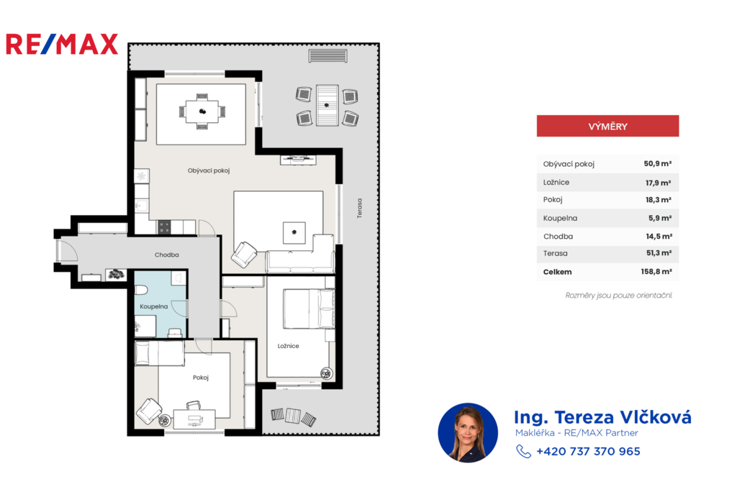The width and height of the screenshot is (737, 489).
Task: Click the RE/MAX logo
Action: click(x=62, y=44)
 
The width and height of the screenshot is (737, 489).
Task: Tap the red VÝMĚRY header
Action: click(x=607, y=126)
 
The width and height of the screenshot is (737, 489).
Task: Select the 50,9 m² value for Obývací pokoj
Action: click(x=657, y=163)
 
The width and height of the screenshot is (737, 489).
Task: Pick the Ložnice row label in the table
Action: click(x=556, y=182)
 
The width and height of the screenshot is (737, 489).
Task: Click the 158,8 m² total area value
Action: click(x=656, y=272)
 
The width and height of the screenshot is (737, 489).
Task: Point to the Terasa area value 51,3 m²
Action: click(x=659, y=252)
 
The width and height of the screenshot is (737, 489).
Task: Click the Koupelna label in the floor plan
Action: click(x=154, y=306)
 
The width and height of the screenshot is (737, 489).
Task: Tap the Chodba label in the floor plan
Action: click(x=167, y=255)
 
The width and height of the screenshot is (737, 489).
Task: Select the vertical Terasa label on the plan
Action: click(x=360, y=208)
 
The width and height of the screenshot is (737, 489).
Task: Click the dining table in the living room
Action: click(x=202, y=111)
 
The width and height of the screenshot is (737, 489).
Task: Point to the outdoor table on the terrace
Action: click(x=327, y=105)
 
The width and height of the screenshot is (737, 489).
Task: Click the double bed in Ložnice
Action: click(x=309, y=309)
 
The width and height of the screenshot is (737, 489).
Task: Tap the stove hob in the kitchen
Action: click(x=164, y=227)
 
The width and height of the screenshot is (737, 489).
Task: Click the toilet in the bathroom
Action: click(x=142, y=289)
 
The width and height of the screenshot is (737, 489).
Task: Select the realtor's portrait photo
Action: click(x=468, y=433)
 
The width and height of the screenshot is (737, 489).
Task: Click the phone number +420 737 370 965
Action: click(x=588, y=452)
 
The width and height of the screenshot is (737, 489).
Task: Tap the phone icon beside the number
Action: click(x=523, y=452)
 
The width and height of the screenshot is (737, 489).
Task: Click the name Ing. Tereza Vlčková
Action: click(x=602, y=417)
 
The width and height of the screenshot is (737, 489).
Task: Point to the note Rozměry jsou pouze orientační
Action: click(x=618, y=296)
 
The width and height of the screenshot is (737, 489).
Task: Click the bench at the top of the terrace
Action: click(x=328, y=56)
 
